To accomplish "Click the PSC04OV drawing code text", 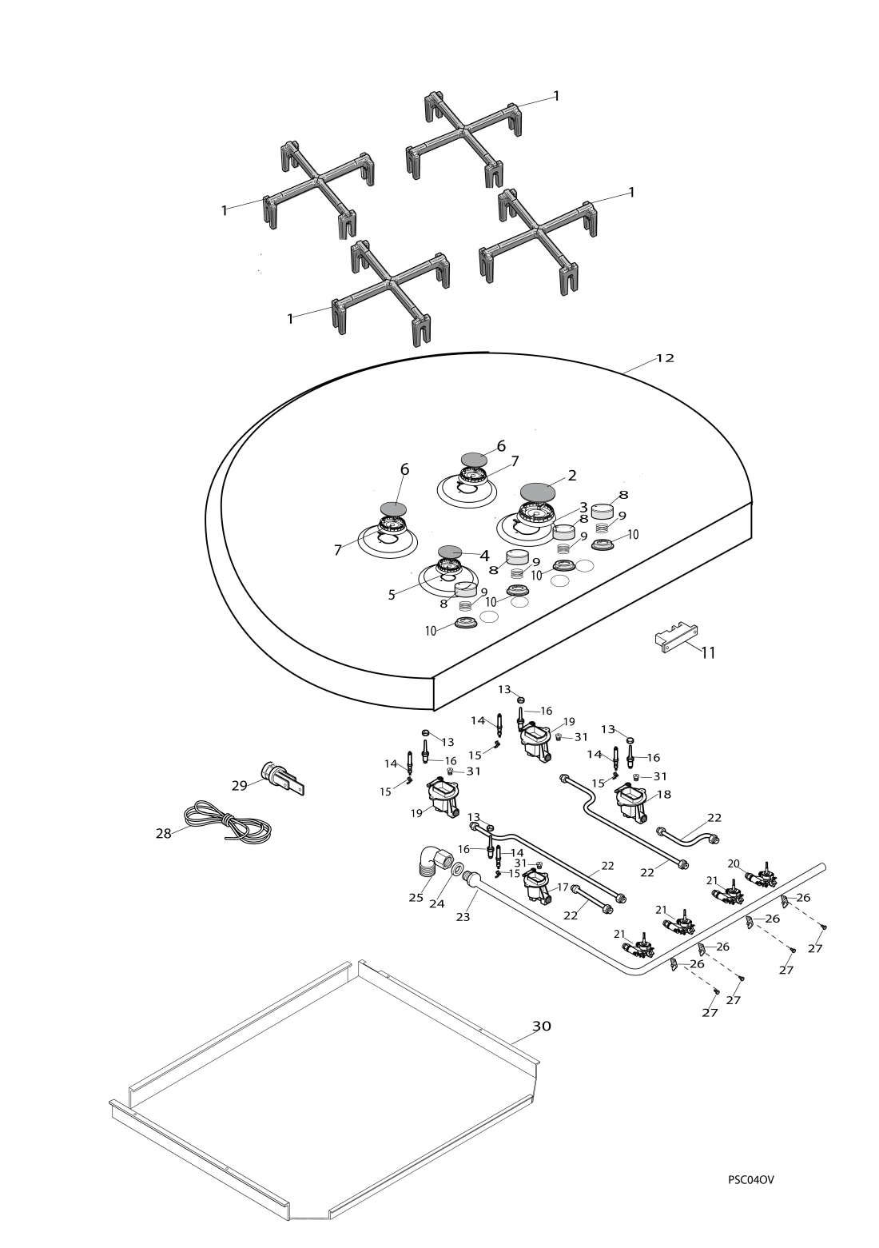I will (x=751, y=1179).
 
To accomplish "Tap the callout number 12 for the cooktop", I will (x=665, y=358).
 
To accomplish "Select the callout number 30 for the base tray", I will (x=542, y=1026).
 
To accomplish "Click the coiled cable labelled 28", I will (x=229, y=823).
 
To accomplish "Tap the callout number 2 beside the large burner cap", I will (x=571, y=475).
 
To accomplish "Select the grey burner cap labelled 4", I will (x=451, y=551).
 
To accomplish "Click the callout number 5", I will (x=392, y=595).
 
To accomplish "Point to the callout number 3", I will (x=583, y=507).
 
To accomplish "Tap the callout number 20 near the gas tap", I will (x=734, y=863).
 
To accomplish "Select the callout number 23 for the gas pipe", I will (x=463, y=917).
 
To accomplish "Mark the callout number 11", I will (x=708, y=652).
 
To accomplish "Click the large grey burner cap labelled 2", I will (x=537, y=489).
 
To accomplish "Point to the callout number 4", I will (x=483, y=555).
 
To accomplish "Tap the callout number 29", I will (x=240, y=786).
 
